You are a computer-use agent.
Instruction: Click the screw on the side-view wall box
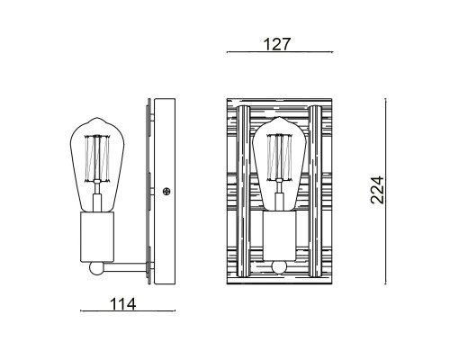166,191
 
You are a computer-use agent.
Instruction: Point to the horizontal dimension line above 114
126,312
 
